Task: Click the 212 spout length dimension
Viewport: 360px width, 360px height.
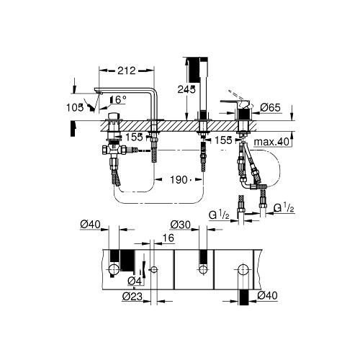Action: coord(126,71)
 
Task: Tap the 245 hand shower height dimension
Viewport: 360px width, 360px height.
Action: coord(186,89)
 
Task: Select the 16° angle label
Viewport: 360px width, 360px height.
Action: coord(118,99)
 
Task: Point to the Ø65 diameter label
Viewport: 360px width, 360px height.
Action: coord(271,107)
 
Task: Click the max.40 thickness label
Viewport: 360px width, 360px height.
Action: coord(271,142)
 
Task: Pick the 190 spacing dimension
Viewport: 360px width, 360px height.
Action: coord(179,179)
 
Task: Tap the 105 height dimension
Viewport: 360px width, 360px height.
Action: coord(75,107)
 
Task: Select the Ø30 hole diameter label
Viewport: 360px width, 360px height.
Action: coord(180,225)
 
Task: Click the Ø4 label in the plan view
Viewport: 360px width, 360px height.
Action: coord(135,281)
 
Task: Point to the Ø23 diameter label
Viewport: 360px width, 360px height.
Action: coord(132,297)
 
